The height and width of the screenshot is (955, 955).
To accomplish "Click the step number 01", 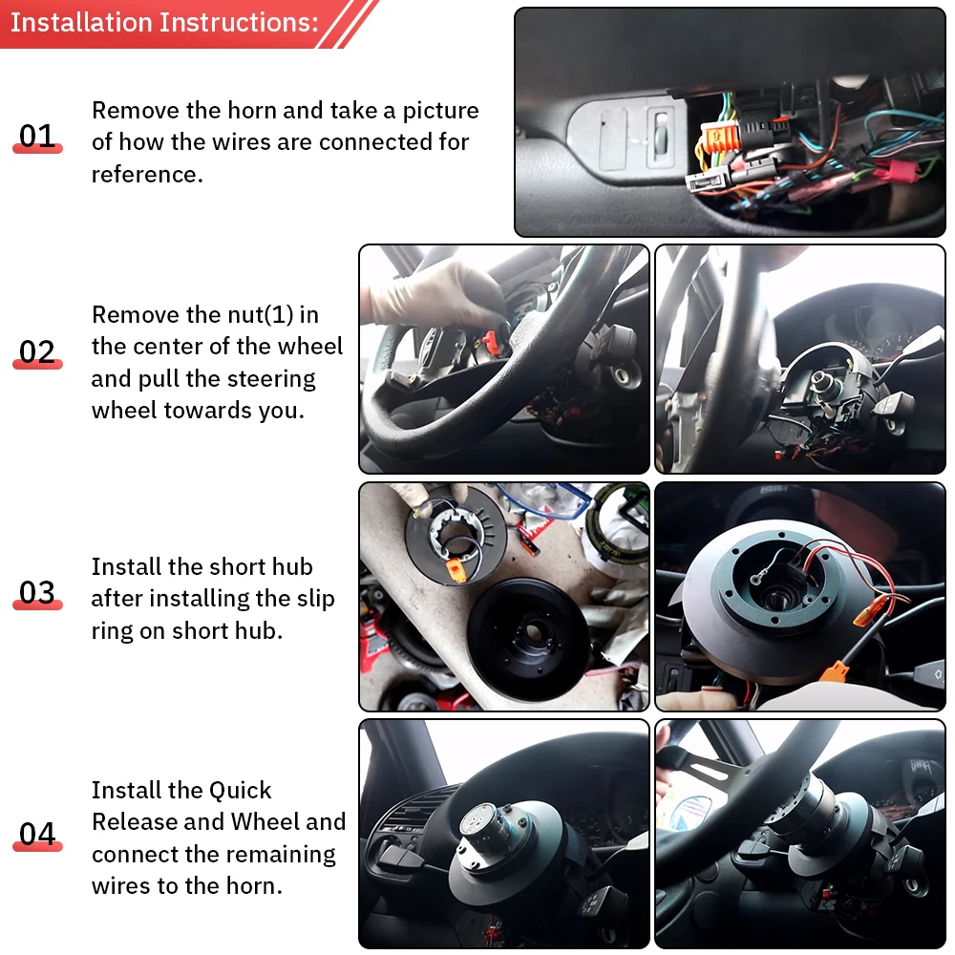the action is [37, 136].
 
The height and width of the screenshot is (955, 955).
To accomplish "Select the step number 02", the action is [37, 351].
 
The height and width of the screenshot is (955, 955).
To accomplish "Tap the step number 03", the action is [37, 592].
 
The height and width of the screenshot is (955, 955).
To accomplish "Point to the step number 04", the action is [37, 833].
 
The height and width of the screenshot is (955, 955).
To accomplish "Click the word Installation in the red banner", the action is [81, 23].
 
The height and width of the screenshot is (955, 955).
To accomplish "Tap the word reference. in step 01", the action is [147, 175].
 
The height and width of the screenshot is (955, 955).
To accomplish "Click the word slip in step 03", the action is [315, 600].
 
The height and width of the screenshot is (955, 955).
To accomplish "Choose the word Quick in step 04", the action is [240, 791].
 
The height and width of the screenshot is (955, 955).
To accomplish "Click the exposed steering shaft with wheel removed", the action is [823, 383].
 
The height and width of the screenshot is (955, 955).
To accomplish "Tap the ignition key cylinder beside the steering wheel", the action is [623, 374].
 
